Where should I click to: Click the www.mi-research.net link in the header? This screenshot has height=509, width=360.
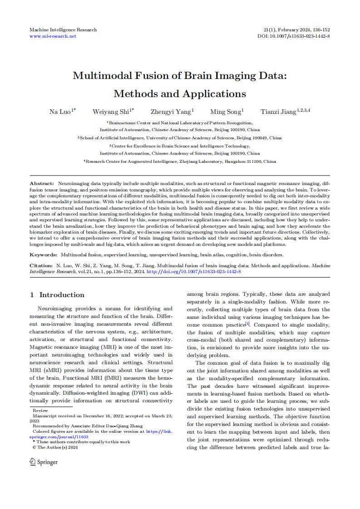click(x=53, y=36)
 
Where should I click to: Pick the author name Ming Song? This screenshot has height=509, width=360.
click(x=226, y=111)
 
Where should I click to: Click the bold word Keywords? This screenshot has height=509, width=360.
click(x=43, y=255)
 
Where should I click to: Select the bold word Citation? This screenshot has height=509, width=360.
click(x=42, y=264)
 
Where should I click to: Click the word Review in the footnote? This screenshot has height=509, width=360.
click(x=40, y=410)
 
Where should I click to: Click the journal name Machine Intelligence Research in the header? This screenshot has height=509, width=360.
click(x=63, y=29)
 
